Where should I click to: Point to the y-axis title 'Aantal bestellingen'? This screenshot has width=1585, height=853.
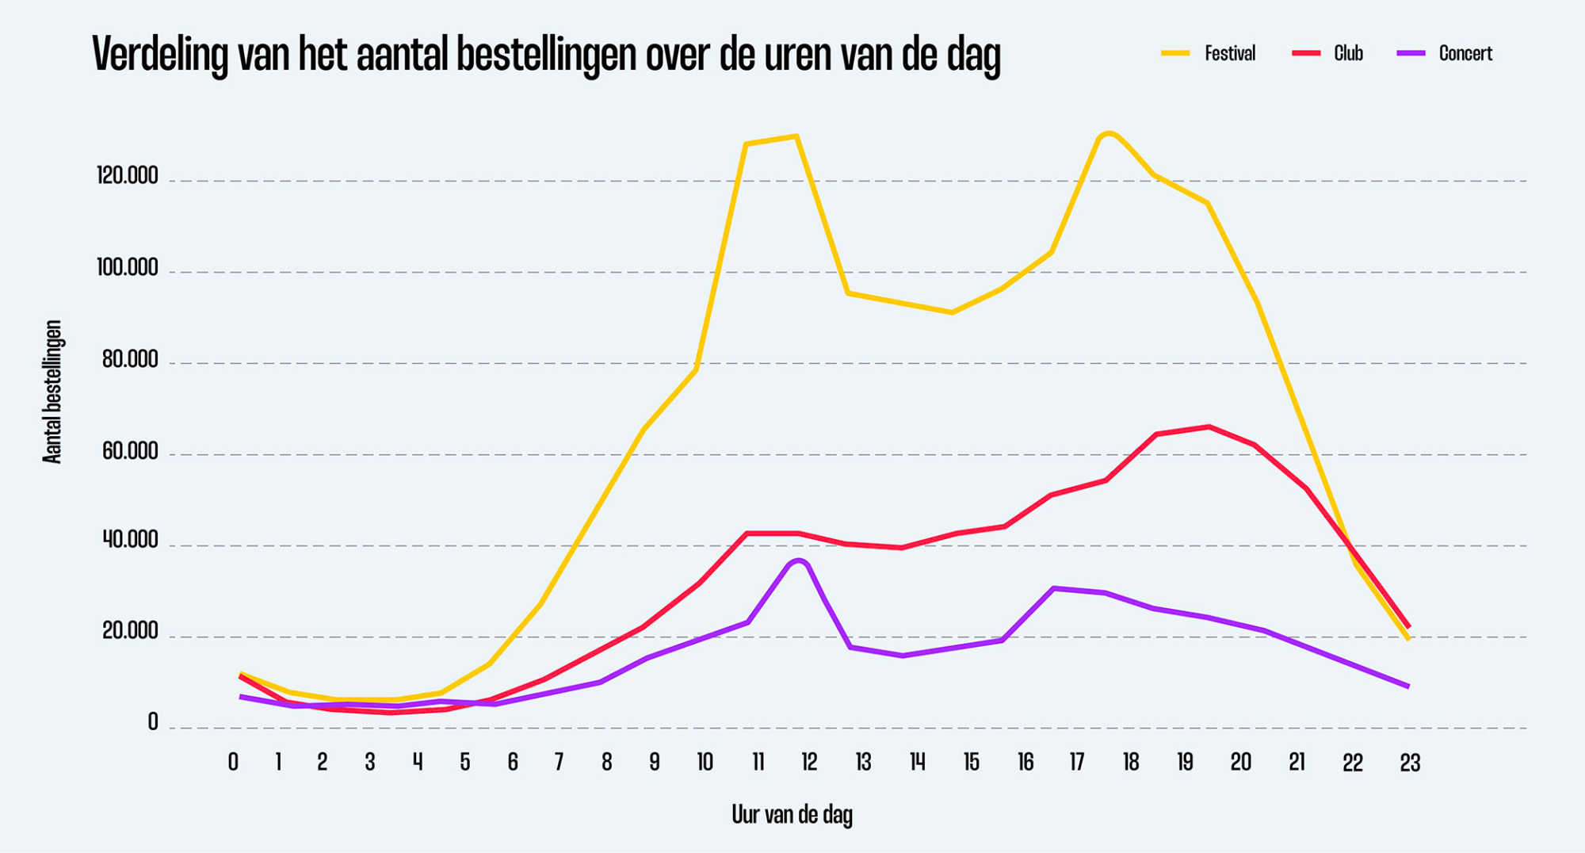(x=52, y=392)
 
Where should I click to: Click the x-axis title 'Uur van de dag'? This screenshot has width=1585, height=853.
(x=792, y=814)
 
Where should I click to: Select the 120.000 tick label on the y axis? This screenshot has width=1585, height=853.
(x=128, y=175)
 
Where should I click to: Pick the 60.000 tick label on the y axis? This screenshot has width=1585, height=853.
(x=130, y=452)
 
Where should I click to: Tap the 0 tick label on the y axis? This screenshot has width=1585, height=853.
(x=153, y=722)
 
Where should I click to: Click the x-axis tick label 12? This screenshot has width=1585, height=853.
(x=809, y=763)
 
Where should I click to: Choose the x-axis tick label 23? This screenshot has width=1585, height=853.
(x=1409, y=763)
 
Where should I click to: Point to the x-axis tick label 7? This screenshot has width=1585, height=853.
(x=559, y=763)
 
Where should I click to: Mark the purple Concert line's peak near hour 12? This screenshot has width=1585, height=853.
(x=798, y=561)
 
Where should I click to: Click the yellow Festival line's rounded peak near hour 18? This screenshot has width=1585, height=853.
(x=1108, y=133)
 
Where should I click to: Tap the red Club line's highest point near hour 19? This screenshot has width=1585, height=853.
(x=1209, y=426)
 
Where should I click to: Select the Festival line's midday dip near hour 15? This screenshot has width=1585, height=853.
(x=952, y=312)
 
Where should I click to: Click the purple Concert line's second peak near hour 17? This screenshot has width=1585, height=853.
(x=1054, y=588)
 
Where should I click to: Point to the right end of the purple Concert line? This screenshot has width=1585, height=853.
(x=1407, y=686)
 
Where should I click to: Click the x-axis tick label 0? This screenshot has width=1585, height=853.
(x=233, y=763)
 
